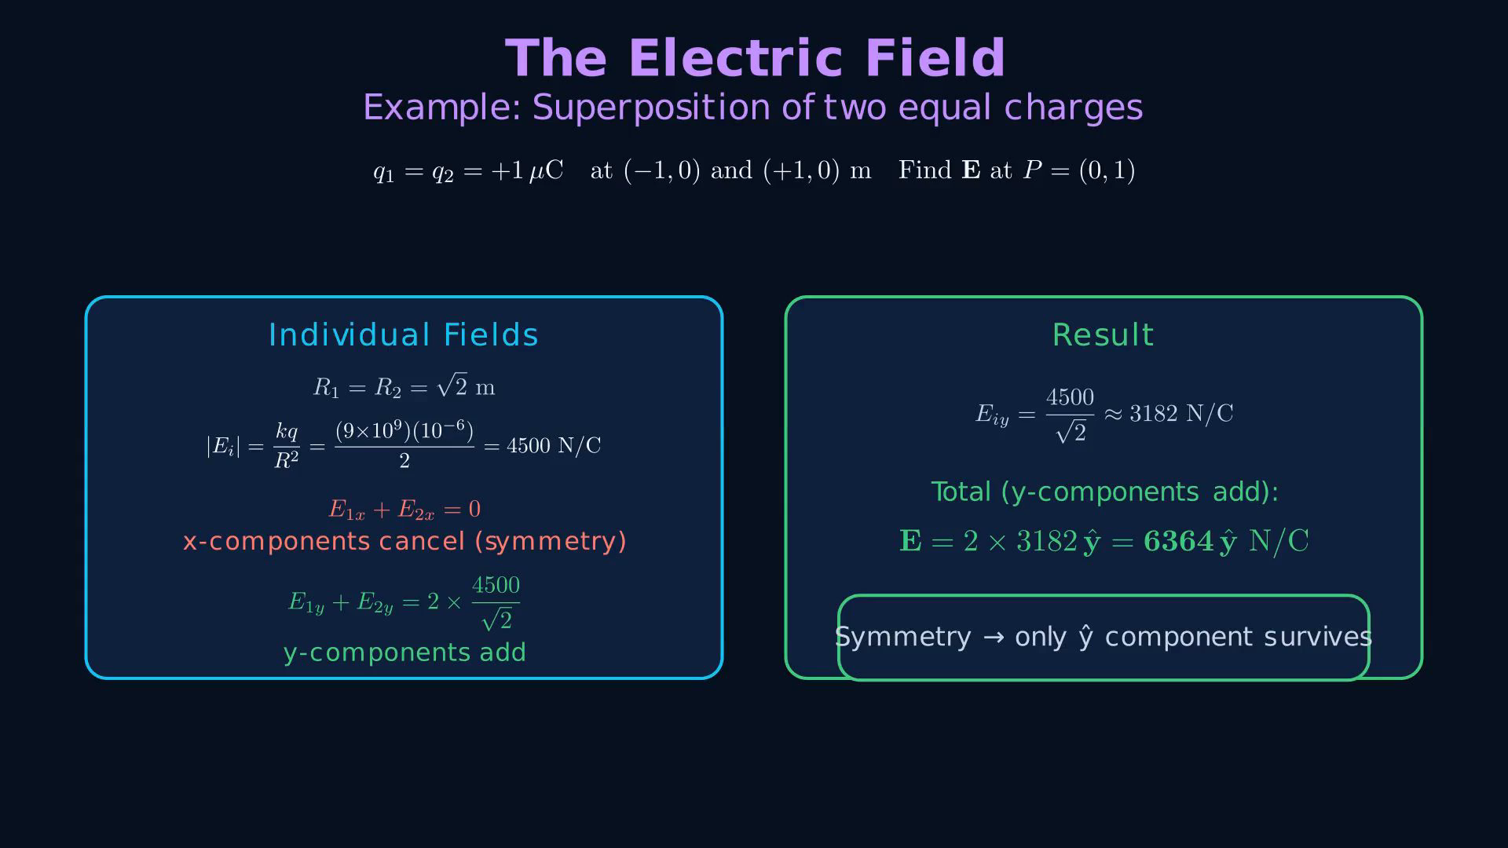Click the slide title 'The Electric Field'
coord(755,58)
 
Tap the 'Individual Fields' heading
coord(404,335)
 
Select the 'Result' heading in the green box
coord(1103,335)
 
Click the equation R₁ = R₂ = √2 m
coord(404,386)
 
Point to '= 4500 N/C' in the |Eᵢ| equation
coord(543,446)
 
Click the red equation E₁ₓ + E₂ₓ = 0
coord(404,510)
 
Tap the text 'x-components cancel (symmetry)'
coord(404,542)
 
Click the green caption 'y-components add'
coord(404,652)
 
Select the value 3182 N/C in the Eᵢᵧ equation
coord(1181,414)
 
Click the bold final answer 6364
coord(1179,541)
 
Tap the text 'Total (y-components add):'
coord(1104,492)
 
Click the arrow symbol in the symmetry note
coord(994,637)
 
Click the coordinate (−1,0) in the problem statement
coord(661,170)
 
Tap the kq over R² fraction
coord(287,446)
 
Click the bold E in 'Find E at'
coord(972,170)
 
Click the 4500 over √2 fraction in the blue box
coord(496,603)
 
